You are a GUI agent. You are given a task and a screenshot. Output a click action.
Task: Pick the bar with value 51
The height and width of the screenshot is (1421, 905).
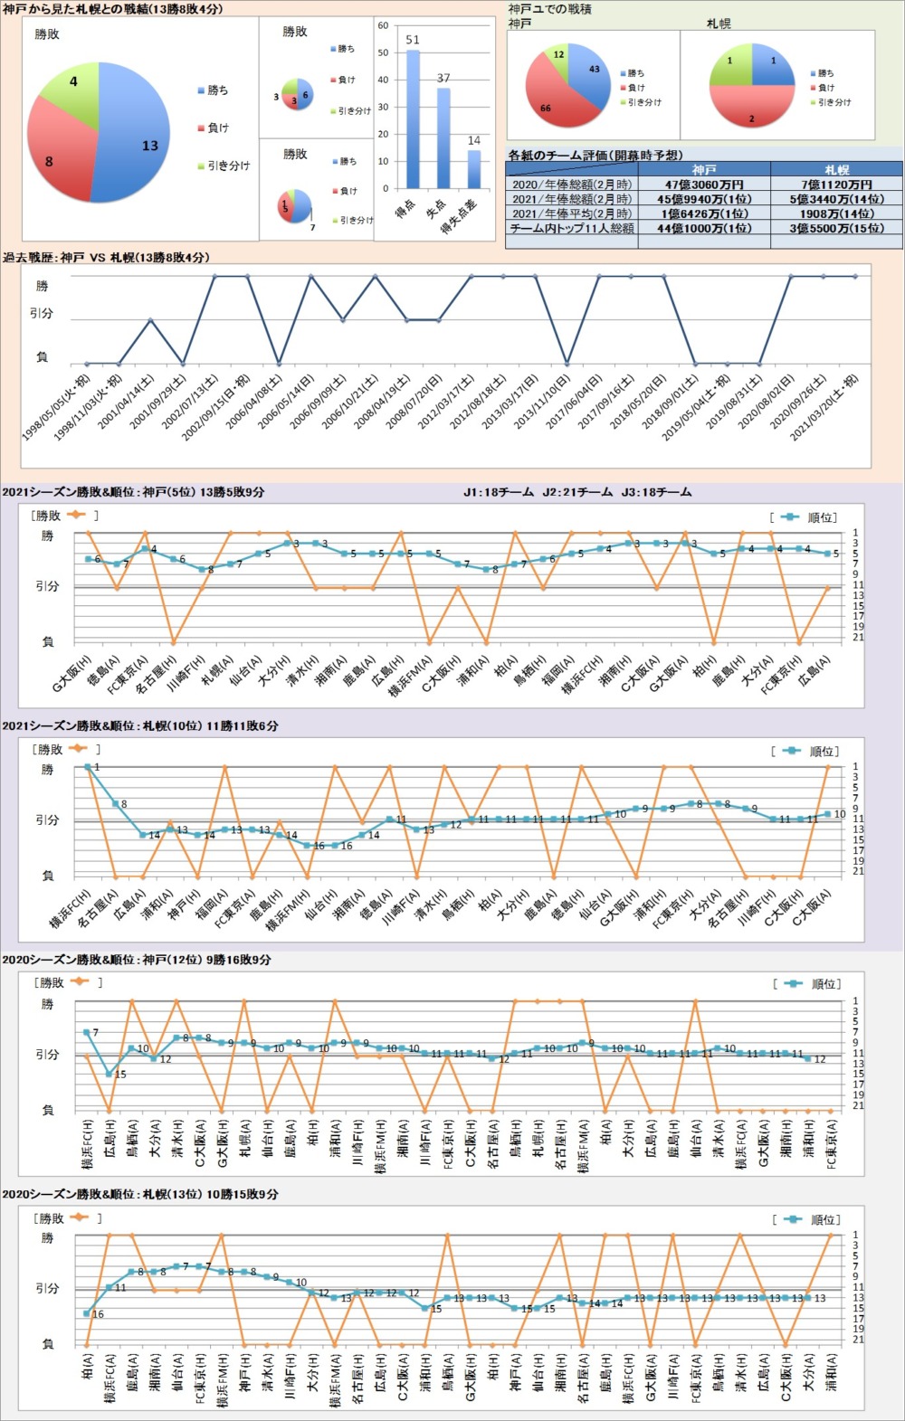pyautogui.click(x=413, y=118)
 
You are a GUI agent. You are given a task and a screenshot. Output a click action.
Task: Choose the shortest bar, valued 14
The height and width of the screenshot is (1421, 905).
pyautogui.click(x=474, y=168)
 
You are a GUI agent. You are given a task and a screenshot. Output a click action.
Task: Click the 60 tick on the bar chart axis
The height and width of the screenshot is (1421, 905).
pyautogui.click(x=383, y=25)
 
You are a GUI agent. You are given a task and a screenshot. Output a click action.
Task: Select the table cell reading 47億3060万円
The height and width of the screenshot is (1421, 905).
pyautogui.click(x=703, y=185)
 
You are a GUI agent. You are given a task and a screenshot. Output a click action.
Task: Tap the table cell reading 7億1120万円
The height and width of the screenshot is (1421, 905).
pyautogui.click(x=836, y=185)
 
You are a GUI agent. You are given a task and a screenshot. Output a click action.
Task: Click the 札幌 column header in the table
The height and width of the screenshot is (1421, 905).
pyautogui.click(x=836, y=170)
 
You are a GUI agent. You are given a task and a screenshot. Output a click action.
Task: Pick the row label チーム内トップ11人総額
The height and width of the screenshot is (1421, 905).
pyautogui.click(x=572, y=229)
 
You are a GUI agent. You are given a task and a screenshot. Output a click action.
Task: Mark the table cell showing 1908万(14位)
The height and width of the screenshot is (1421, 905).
pyautogui.click(x=836, y=214)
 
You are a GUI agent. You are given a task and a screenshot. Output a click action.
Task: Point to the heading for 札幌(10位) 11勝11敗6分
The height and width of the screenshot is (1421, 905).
pyautogui.click(x=139, y=726)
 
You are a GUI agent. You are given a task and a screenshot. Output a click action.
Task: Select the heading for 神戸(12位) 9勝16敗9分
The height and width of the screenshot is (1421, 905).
pyautogui.click(x=136, y=960)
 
